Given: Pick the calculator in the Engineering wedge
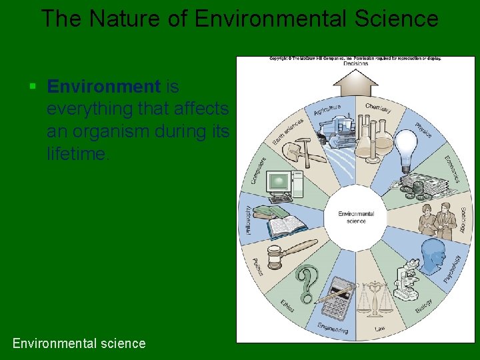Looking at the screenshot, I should pos(339,297).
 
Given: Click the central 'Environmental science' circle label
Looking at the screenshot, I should pos(356,217).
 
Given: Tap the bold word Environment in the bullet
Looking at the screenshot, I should pos(104,87).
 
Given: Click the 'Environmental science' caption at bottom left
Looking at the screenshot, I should pos(79,343).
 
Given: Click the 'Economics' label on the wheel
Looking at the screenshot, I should pos(452,169).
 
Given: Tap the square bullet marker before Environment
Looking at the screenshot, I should pos(33,87).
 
